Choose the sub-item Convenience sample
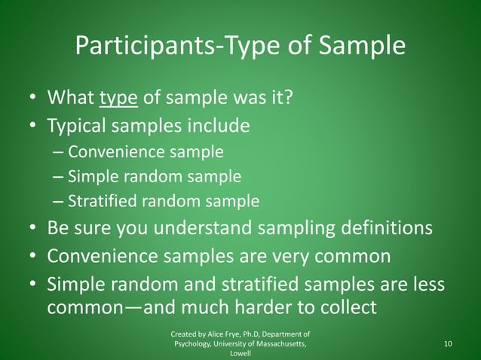click(x=146, y=151)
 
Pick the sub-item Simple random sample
click(x=154, y=177)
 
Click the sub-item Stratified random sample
click(x=163, y=202)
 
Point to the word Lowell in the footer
click(x=240, y=353)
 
